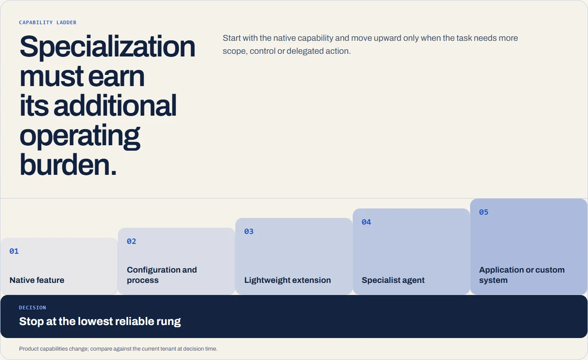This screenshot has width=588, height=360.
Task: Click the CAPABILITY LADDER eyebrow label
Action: [x=48, y=22]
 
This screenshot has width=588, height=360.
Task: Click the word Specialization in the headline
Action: [x=107, y=47]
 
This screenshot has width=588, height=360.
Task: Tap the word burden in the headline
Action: [x=65, y=165]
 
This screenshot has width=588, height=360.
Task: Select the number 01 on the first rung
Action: [x=14, y=252]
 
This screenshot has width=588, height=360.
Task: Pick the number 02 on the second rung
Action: [x=131, y=241]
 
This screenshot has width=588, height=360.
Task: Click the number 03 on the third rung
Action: [x=249, y=232]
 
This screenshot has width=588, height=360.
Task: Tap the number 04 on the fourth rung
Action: [x=366, y=222]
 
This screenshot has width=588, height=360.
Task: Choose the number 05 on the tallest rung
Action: [x=484, y=212]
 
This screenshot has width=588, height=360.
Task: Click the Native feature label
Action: [x=37, y=280]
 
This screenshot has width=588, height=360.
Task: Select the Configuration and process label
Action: [x=162, y=275]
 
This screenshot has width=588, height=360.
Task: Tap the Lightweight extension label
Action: [x=287, y=280]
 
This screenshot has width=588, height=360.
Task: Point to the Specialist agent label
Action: [x=393, y=280]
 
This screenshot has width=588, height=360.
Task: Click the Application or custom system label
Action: [x=522, y=275]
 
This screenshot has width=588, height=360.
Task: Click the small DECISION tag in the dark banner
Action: [x=32, y=308]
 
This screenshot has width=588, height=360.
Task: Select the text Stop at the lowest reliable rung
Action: [x=100, y=321]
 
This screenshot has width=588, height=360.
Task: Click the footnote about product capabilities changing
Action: [x=118, y=349]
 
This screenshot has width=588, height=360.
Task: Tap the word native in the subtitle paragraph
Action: [x=284, y=38]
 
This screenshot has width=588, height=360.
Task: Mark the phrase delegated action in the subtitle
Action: [x=318, y=51]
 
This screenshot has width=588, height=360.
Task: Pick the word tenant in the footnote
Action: [x=168, y=349]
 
